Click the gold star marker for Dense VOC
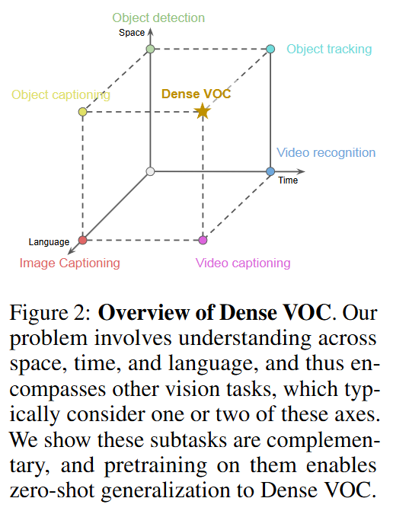[203, 111]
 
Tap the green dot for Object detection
[150, 49]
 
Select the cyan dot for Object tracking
[270, 49]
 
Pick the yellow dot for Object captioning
[82, 112]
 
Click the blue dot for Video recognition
[270, 171]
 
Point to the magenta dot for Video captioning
[203, 241]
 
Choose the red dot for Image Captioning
[82, 241]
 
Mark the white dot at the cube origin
[150, 171]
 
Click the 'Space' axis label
[132, 33]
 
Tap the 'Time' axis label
[288, 180]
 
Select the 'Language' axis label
[49, 242]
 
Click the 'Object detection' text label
[158, 18]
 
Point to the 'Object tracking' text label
[330, 49]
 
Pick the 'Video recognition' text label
[326, 153]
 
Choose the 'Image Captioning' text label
[70, 263]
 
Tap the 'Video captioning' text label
[243, 263]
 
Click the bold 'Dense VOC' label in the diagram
[196, 94]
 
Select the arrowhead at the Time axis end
[300, 171]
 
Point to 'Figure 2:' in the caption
[50, 313]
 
